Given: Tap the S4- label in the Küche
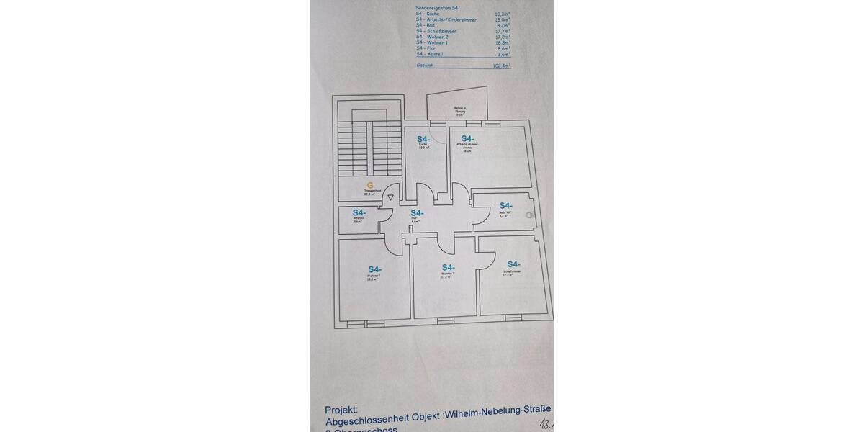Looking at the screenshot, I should (423, 139).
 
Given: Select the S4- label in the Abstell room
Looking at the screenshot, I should (359, 212).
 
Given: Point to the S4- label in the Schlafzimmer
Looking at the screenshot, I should (514, 264).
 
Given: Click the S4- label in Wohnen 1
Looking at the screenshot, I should (374, 269).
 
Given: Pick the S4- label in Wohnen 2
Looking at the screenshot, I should (449, 267).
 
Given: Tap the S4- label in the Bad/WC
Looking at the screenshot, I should (505, 205).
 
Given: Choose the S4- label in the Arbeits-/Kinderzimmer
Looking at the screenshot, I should (468, 139).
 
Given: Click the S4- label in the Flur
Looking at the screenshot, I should (417, 212).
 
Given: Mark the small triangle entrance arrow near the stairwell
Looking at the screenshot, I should (391, 197).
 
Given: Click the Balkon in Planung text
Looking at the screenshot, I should (460, 112).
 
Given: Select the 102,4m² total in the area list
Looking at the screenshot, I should (501, 66).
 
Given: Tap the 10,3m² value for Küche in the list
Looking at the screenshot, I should (502, 14).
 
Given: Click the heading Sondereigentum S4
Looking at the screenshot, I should (436, 7).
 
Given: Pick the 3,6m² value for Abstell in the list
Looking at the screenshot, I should (504, 54).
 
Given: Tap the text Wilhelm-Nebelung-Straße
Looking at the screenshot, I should (498, 416).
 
